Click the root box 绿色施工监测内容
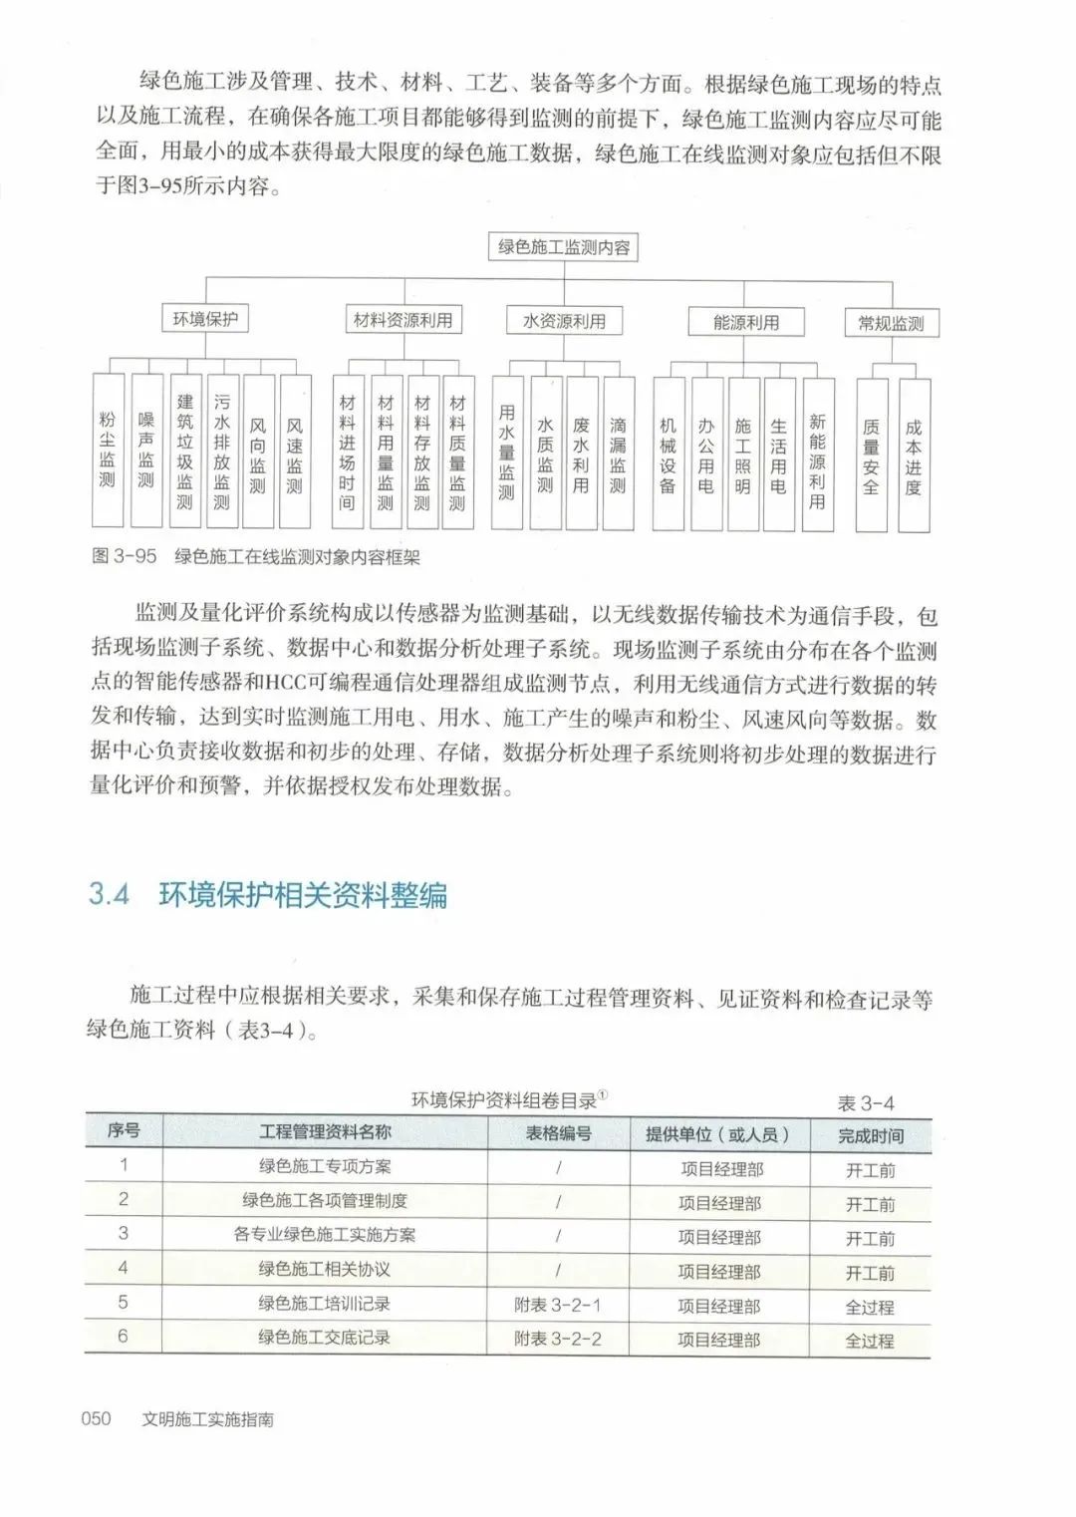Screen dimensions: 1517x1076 coord(563,247)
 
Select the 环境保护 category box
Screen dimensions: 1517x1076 coord(205,320)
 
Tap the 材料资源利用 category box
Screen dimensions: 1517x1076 coord(403,320)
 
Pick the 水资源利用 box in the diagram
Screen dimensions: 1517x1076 coord(564,321)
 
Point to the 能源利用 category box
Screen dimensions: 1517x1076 coord(745,322)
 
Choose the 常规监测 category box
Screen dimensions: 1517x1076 coord(891,323)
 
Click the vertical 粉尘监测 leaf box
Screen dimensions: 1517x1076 coord(108,451)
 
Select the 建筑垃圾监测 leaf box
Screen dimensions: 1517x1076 coord(184,451)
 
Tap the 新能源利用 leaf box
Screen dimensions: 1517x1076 coord(817,454)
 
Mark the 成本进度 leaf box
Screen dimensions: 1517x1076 coord(913,455)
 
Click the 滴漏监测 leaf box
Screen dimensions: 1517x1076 coord(618,454)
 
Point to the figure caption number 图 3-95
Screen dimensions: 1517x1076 coord(125,557)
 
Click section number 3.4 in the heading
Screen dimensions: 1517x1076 coord(110,894)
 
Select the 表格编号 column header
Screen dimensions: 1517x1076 coord(558,1133)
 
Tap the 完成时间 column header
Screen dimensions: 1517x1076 coord(870,1135)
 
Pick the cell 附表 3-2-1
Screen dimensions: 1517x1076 coord(558,1304)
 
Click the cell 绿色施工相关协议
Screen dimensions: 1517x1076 coord(324,1269)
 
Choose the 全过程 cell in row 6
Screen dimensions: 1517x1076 coord(870,1341)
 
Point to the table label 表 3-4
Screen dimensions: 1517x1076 coord(866,1103)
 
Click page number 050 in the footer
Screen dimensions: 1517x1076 coord(96,1418)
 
